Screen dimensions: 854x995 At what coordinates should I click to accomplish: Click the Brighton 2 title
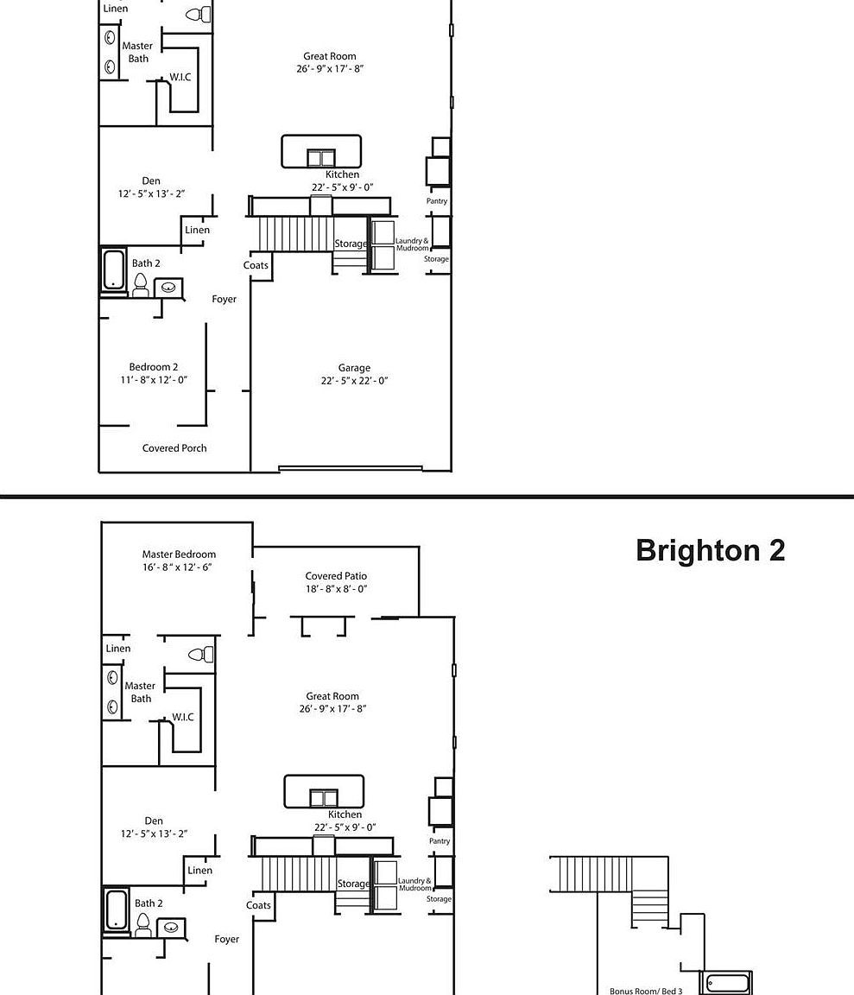710,550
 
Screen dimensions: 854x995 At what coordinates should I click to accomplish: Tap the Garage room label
354,368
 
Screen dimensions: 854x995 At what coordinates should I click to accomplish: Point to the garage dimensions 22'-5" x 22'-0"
354,381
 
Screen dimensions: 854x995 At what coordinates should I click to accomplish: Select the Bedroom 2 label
154,367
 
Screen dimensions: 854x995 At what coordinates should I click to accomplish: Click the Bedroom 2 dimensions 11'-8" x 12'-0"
154,379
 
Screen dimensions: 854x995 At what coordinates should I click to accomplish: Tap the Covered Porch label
174,448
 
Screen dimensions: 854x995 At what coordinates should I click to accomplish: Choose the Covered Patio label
336,576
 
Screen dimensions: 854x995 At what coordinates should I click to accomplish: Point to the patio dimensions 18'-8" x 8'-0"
336,589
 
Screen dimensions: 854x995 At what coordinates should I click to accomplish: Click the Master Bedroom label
179,555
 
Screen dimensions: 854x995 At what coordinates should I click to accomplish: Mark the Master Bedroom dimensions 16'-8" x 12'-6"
177,567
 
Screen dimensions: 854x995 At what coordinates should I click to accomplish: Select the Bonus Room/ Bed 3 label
646,991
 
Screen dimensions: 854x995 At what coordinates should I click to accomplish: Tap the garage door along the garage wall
351,469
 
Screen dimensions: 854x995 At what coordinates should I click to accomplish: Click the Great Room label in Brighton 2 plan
332,696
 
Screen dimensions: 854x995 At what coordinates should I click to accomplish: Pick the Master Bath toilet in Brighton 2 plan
201,654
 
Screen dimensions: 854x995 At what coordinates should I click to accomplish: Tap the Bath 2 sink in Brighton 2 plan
171,928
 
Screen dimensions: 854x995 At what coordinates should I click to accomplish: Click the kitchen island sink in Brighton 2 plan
324,798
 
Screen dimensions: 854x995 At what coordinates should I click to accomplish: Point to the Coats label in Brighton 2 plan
258,905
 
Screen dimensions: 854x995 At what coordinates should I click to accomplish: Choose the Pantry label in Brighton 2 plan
440,840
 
